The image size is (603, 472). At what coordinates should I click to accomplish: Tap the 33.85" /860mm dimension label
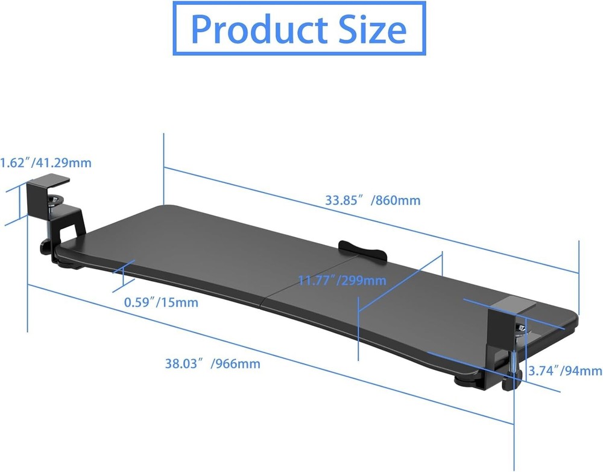(373, 200)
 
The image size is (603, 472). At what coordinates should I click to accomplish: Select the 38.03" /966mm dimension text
(213, 363)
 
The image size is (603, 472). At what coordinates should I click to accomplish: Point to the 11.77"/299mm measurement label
(343, 280)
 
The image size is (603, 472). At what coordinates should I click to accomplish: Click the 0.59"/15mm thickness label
(161, 302)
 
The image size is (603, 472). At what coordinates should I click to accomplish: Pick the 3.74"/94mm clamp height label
(563, 371)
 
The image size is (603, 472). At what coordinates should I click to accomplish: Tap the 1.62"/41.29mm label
(45, 162)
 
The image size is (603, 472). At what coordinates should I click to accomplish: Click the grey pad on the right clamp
(511, 301)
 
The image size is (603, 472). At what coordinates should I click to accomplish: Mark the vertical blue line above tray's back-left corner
(163, 169)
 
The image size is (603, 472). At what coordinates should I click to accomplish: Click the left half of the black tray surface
(193, 247)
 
